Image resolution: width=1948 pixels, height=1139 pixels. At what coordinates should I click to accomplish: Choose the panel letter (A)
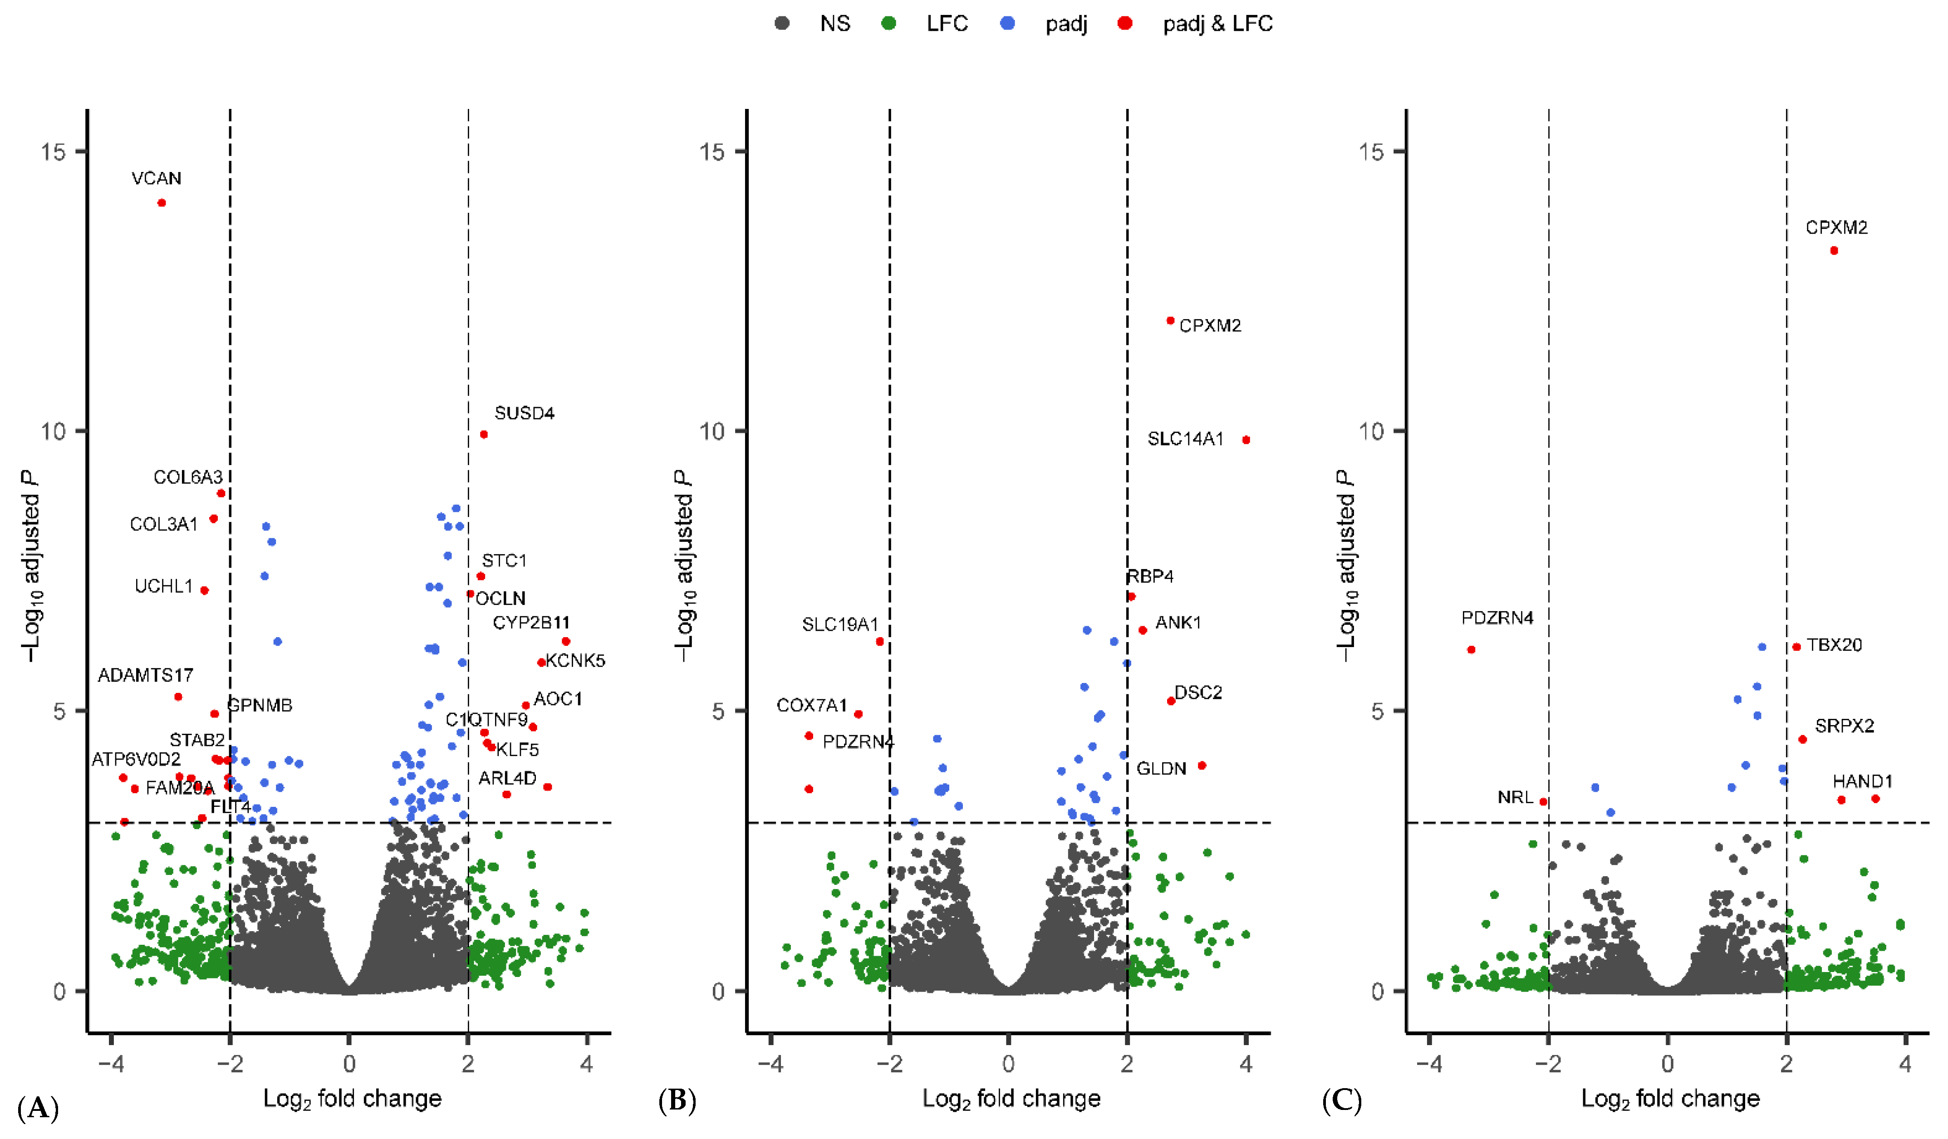click(x=37, y=1108)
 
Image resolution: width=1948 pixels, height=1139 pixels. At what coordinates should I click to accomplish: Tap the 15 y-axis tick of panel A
click(x=54, y=152)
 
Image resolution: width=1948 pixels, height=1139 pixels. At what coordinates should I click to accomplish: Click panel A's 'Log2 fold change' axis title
click(x=353, y=1099)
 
